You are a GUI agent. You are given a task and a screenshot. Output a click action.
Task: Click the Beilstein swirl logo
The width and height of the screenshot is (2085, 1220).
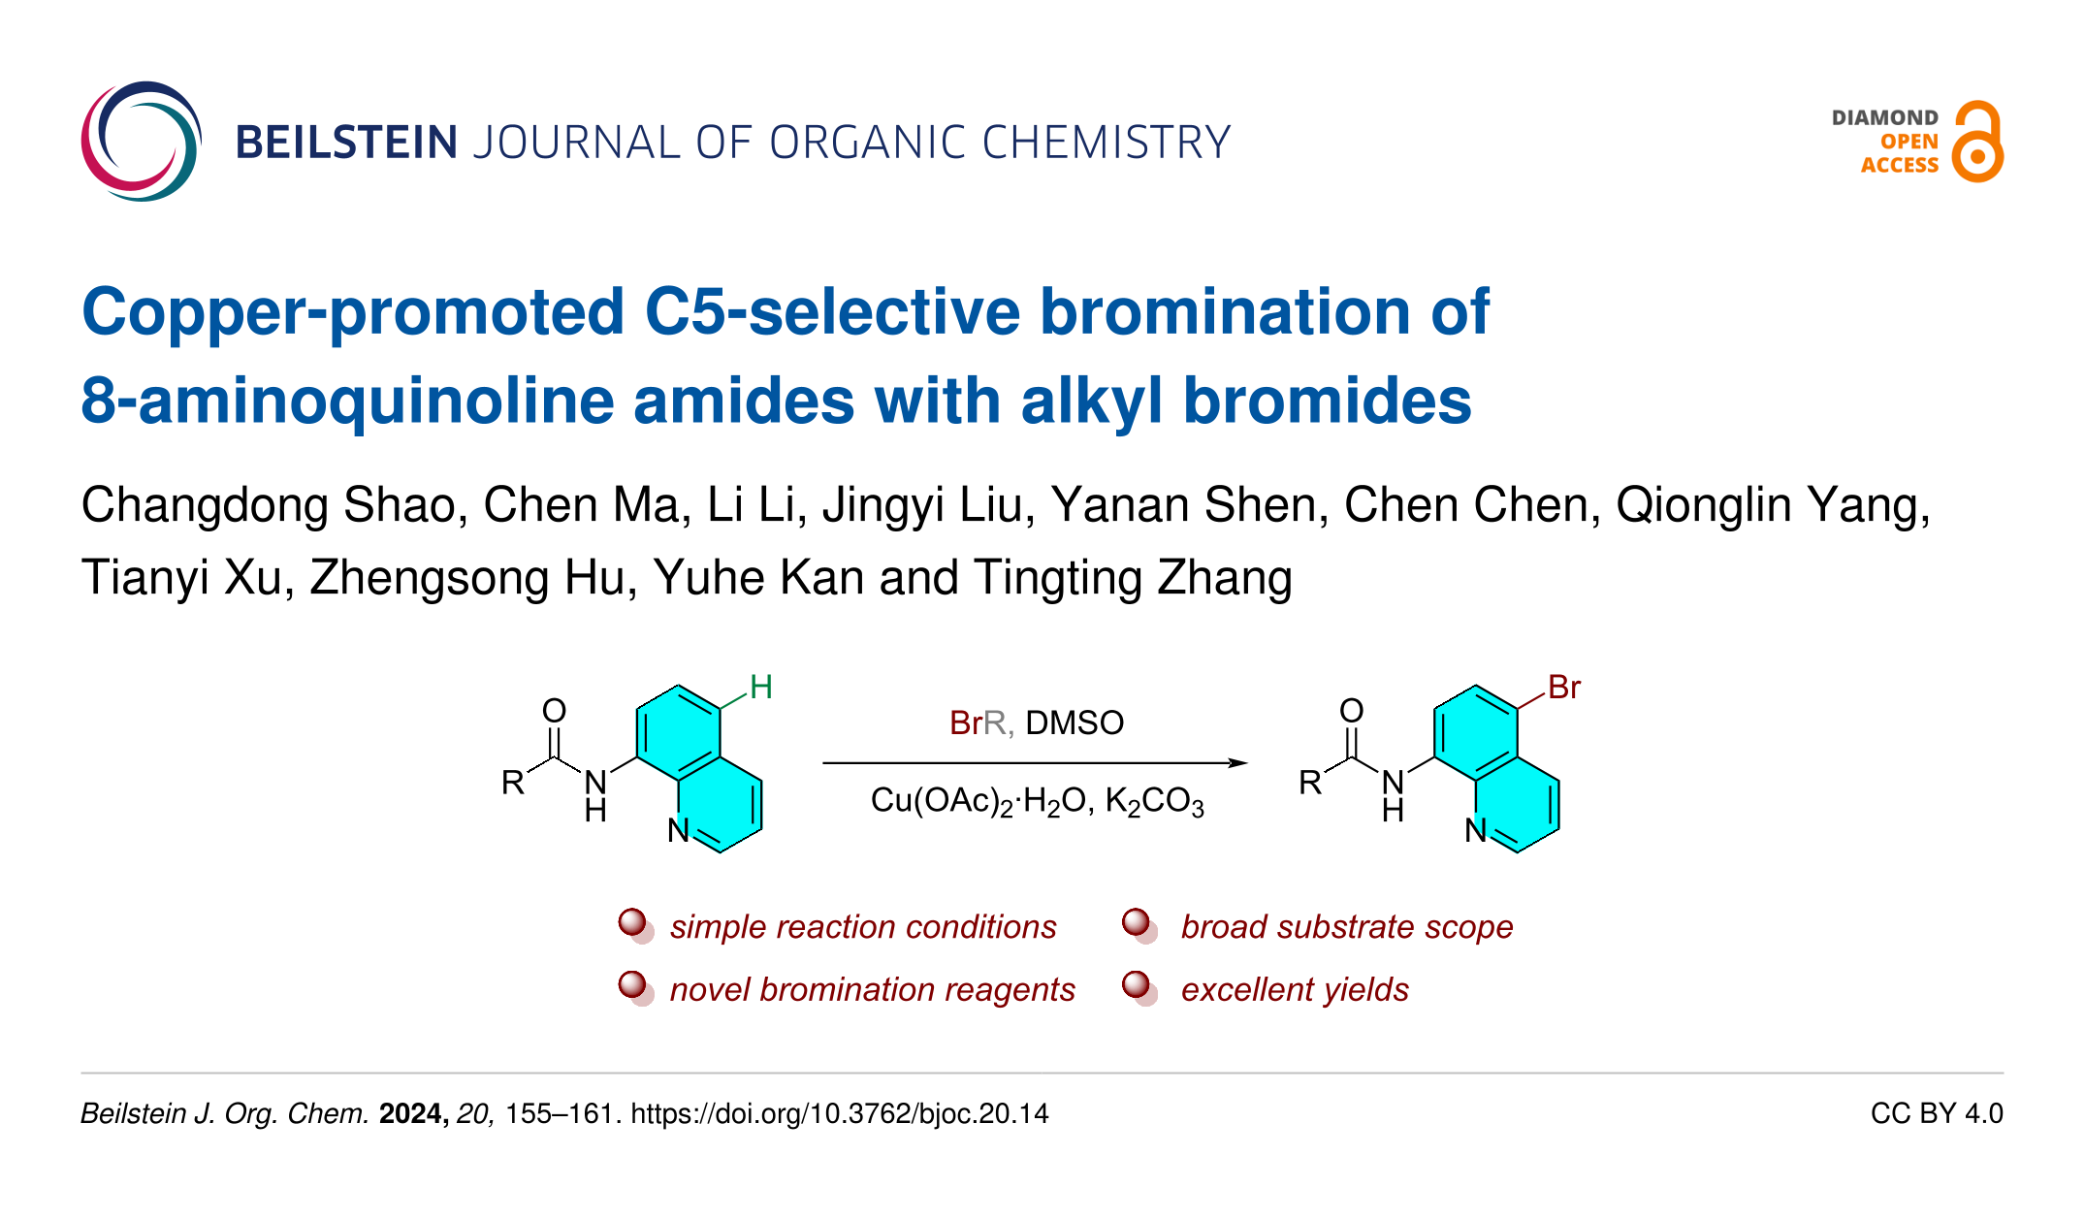[x=141, y=142]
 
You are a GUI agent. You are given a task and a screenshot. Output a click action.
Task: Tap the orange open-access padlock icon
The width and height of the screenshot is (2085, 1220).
[x=1977, y=143]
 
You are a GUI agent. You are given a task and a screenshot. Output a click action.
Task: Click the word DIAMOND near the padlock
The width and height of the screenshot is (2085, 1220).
[x=1884, y=118]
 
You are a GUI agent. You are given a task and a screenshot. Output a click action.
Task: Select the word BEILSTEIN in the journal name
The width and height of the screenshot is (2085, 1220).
[x=346, y=143]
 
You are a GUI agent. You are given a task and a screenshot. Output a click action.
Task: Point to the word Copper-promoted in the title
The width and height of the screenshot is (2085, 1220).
[x=353, y=312]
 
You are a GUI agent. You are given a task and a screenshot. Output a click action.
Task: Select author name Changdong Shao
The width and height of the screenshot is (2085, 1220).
[x=269, y=506]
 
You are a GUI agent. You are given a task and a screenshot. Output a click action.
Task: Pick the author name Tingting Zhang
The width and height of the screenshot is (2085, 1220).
[x=1133, y=579]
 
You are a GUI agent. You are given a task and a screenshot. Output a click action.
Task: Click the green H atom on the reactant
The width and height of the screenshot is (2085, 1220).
[x=761, y=688]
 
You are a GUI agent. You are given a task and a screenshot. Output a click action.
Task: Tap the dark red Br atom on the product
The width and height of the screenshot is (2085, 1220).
[x=1563, y=688]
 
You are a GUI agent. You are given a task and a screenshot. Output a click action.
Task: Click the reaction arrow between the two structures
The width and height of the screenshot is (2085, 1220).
[x=1035, y=763]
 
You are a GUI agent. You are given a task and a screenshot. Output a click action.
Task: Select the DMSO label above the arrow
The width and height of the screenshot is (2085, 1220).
[x=1075, y=723]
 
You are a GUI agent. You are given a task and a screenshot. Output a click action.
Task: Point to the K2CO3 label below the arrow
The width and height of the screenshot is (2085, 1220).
[x=1154, y=802]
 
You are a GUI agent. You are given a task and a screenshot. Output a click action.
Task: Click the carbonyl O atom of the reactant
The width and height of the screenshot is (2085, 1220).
[x=554, y=711]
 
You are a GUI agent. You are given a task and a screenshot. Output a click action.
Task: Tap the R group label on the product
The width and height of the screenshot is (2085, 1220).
[x=1310, y=783]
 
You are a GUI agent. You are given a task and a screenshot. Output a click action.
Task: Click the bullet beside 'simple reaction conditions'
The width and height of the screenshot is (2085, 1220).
[x=633, y=924]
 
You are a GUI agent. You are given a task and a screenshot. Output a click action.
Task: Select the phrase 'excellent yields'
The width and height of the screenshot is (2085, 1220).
[x=1295, y=990]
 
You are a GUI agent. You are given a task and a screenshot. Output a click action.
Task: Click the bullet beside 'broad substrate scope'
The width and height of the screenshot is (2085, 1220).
[x=1138, y=924]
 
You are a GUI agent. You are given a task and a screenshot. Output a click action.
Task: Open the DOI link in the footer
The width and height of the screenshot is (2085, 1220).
[x=840, y=1113]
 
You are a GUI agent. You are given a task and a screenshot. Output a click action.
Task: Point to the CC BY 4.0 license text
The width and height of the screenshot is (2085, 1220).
[x=1936, y=1113]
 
